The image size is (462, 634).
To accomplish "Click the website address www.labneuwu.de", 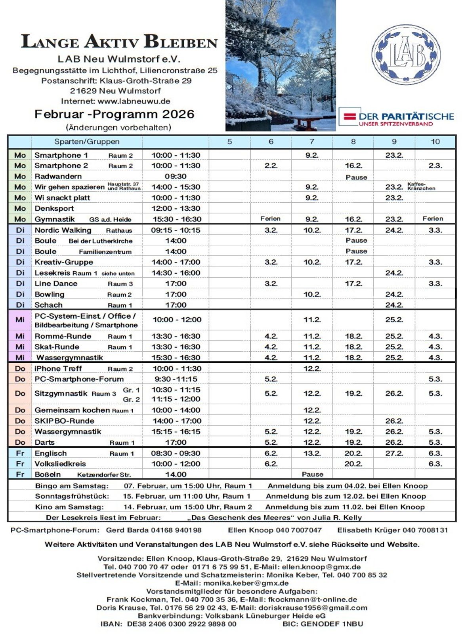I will (134, 101).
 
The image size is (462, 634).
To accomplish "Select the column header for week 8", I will (353, 141).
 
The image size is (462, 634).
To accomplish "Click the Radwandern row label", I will (58, 176).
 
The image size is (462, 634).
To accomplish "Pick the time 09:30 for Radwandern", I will (176, 176).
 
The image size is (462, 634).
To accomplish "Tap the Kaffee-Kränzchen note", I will (421, 187).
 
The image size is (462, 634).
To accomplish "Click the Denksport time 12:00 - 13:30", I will (176, 208).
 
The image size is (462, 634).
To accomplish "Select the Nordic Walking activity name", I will (63, 230).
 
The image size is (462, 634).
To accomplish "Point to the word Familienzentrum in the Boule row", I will (105, 251).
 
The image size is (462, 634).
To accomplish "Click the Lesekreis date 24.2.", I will (394, 273).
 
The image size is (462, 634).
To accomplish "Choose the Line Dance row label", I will (56, 284).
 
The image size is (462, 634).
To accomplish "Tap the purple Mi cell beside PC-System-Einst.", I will (20, 320).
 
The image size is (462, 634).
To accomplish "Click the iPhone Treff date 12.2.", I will (312, 369).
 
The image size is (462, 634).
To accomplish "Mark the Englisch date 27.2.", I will (394, 453).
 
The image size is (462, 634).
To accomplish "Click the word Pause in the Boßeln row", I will (312, 474).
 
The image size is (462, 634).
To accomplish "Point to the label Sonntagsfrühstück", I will (72, 496).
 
